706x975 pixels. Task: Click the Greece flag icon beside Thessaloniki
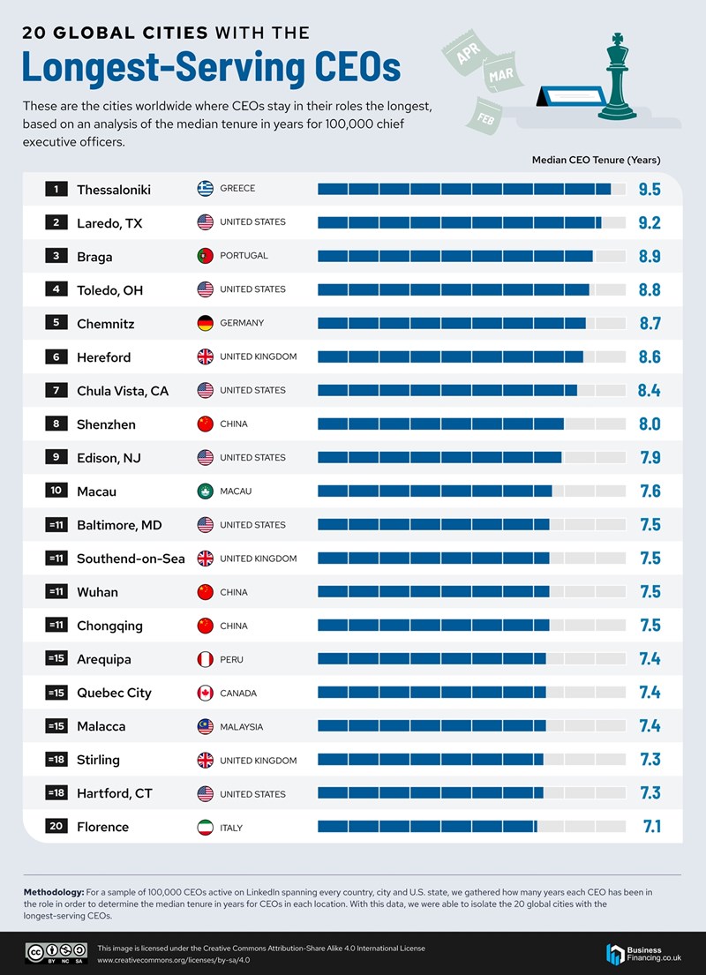[x=206, y=189]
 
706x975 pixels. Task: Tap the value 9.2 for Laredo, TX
[x=650, y=223]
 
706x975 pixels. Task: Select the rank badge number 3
[x=56, y=256]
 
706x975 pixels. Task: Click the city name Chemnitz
[x=106, y=324]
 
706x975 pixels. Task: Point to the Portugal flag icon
[x=206, y=256]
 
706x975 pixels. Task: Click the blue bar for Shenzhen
[x=440, y=424]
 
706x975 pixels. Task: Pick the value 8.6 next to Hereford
[x=650, y=357]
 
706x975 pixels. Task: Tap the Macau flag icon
[x=206, y=491]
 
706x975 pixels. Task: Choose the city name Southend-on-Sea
[x=131, y=559]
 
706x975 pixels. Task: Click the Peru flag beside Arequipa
[x=206, y=659]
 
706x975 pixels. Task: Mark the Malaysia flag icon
[x=206, y=727]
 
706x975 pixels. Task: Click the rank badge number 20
[x=56, y=827]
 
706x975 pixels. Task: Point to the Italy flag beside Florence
[x=206, y=828]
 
